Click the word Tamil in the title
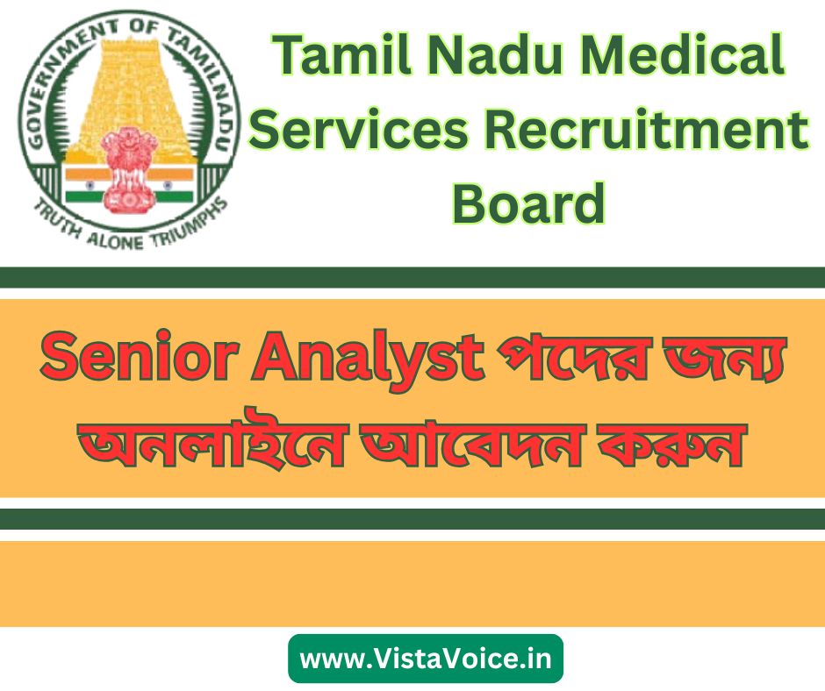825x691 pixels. (342, 55)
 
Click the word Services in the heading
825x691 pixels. (359, 130)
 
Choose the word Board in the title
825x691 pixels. (528, 203)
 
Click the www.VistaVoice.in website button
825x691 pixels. (426, 659)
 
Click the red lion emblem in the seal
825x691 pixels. (129, 168)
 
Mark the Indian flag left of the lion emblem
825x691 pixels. (83, 186)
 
